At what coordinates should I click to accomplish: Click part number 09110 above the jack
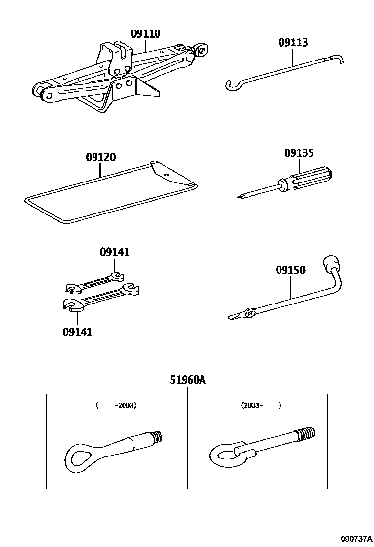coord(145,34)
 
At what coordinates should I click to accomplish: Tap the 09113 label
coord(293,42)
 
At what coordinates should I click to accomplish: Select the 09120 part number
coord(100,158)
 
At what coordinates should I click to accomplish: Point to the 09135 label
coord(299,153)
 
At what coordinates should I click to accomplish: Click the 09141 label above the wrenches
coord(115,252)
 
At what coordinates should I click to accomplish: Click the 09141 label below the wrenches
coord(77,332)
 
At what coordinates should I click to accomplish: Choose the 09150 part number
coord(290,270)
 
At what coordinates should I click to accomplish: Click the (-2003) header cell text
coord(117,406)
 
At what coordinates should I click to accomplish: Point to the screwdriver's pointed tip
coord(240,197)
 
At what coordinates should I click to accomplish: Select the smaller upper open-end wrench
coord(94,284)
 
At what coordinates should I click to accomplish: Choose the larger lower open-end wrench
coord(101,300)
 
